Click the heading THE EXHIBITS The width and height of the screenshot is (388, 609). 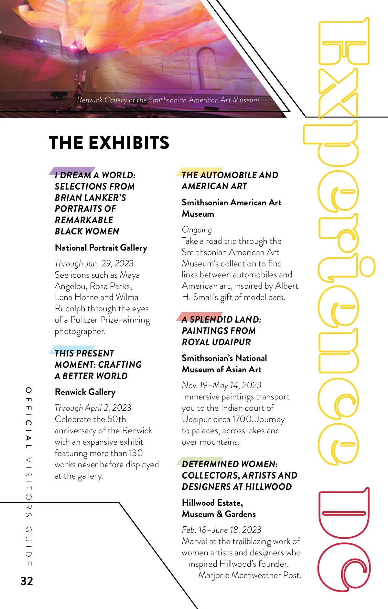point(109,143)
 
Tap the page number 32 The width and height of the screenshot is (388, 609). point(27,581)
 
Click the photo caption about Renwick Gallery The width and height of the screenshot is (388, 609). point(168,100)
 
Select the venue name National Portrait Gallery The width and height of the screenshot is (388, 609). point(101,248)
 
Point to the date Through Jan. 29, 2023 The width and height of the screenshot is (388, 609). point(94,263)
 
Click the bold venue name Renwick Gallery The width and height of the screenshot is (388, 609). point(85,392)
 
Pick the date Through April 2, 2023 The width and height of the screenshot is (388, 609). point(93,408)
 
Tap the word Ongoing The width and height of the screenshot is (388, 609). point(197,230)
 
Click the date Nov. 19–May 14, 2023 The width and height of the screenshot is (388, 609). point(221,385)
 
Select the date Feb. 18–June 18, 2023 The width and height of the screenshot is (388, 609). point(221,530)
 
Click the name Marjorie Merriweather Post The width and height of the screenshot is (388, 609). point(249,575)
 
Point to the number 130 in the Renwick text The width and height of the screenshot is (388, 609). point(135,453)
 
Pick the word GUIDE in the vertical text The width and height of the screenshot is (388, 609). point(29,546)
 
